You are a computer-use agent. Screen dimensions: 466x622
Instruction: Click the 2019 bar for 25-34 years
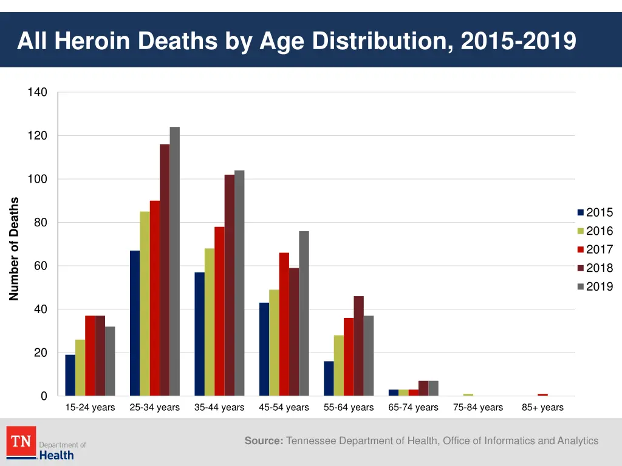[174, 261]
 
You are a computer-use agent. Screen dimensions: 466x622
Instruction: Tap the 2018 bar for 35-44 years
[229, 285]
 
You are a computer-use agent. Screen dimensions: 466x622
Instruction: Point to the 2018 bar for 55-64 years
[358, 346]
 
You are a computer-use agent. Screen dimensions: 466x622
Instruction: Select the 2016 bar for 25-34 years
[145, 303]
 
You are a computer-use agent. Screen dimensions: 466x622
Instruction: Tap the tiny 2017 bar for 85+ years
[542, 394]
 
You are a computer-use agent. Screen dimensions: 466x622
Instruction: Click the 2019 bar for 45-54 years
[304, 313]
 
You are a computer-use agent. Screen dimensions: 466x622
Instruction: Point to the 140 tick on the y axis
[37, 92]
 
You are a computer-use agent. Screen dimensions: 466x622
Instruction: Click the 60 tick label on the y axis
[40, 266]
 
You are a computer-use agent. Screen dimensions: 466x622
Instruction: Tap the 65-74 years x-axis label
[413, 407]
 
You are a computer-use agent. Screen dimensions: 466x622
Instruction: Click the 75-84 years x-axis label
[478, 407]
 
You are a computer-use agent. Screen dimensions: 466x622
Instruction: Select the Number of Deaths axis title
[15, 249]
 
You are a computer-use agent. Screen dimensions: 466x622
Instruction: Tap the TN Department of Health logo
[46, 444]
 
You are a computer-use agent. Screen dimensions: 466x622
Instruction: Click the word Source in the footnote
[264, 441]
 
